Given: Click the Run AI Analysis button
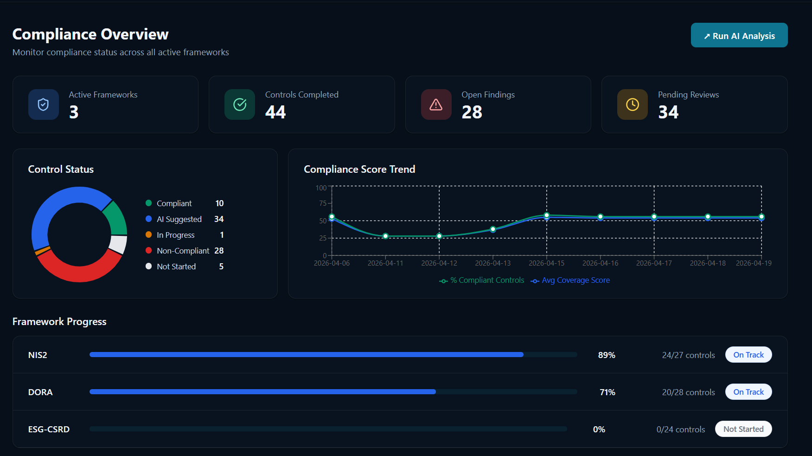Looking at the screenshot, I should click(739, 35).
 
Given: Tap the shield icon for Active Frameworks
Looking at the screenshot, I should click(43, 104).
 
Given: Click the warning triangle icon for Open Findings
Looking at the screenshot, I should click(436, 104).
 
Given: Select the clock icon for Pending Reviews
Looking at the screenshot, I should click(633, 104).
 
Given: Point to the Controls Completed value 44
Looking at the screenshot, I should click(275, 112).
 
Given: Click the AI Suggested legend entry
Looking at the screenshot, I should click(179, 219).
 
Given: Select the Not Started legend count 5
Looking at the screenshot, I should click(221, 267).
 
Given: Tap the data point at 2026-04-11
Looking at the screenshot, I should click(385, 236).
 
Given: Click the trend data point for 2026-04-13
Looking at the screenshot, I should click(493, 229).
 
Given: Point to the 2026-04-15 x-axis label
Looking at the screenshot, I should click(547, 263).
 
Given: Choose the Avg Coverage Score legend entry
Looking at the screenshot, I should click(575, 280).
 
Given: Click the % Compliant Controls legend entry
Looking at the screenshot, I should click(487, 280).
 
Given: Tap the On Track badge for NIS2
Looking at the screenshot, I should click(748, 355).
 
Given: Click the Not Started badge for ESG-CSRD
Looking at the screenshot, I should click(743, 429).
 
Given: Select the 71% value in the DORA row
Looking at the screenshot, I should click(607, 392).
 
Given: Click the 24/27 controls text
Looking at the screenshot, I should click(688, 355).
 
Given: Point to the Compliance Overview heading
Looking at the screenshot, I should click(90, 34).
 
